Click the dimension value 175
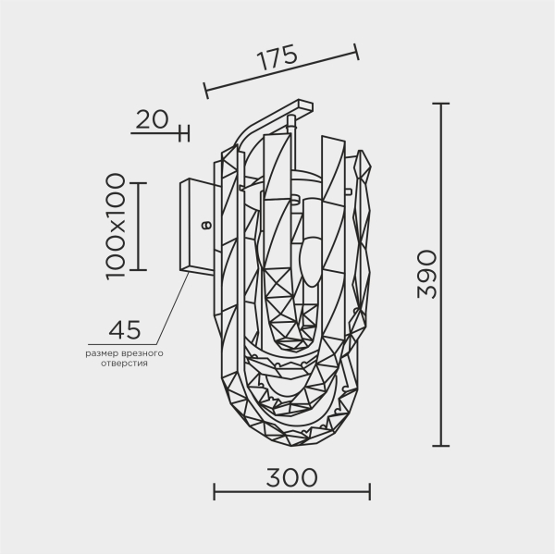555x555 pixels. point(277,57)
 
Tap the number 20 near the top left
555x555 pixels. point(152,118)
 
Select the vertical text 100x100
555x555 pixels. point(115,226)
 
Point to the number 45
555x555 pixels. point(125,330)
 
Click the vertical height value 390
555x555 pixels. point(425,274)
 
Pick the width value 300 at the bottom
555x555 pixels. point(291,477)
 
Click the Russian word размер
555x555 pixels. point(101,353)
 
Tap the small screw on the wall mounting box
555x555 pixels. point(206,223)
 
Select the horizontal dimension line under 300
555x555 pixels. point(291,491)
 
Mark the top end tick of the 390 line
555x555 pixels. point(442,104)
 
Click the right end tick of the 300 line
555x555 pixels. point(370,491)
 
